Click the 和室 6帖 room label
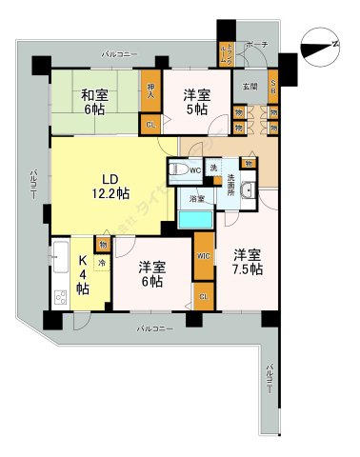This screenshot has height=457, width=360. pos(92,102)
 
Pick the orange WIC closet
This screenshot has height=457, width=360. pos(204,256)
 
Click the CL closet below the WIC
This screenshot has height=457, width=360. pos(204,297)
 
